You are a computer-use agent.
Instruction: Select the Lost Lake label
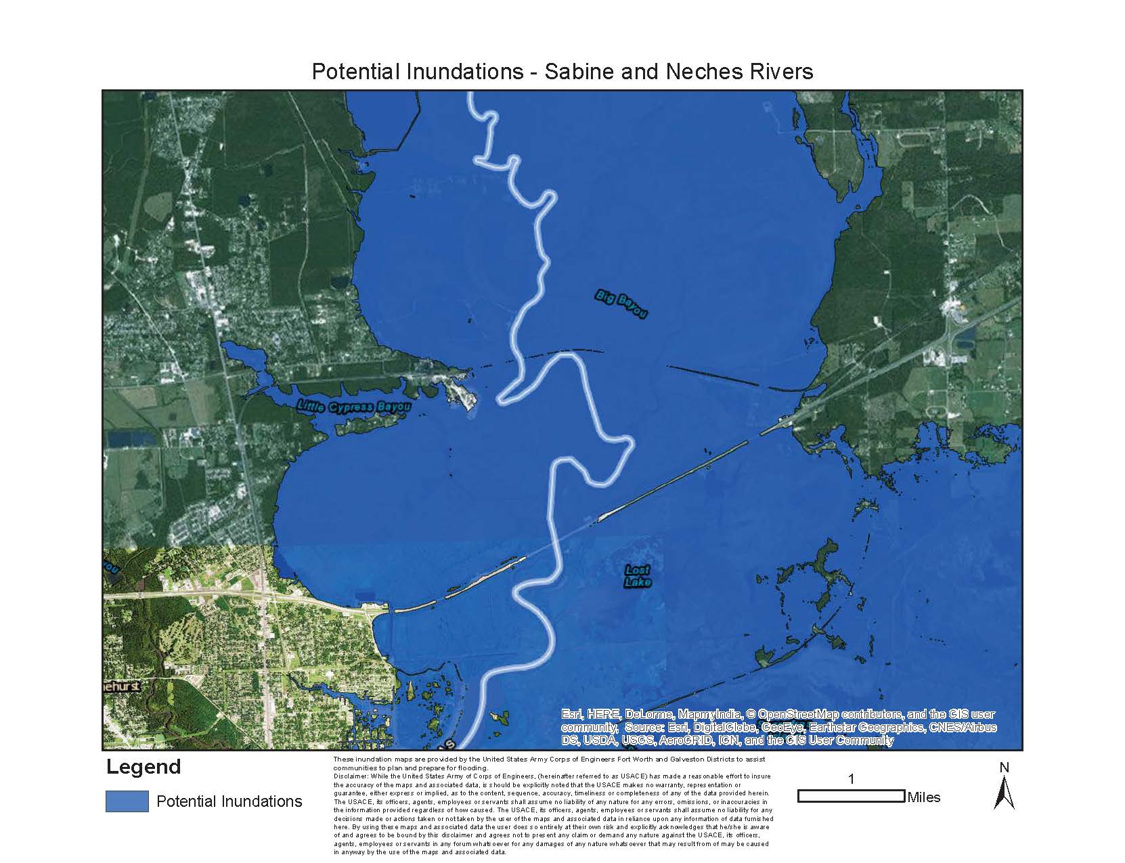click(x=638, y=576)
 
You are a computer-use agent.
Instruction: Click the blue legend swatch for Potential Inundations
click(x=127, y=801)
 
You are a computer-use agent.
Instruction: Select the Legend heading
click(x=144, y=768)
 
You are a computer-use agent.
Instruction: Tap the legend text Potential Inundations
click(x=229, y=801)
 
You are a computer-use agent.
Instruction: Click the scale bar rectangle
click(x=851, y=796)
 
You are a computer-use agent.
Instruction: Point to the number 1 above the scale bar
click(x=851, y=780)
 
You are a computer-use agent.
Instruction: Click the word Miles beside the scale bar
click(x=924, y=797)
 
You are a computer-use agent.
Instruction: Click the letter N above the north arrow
click(x=1004, y=768)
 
